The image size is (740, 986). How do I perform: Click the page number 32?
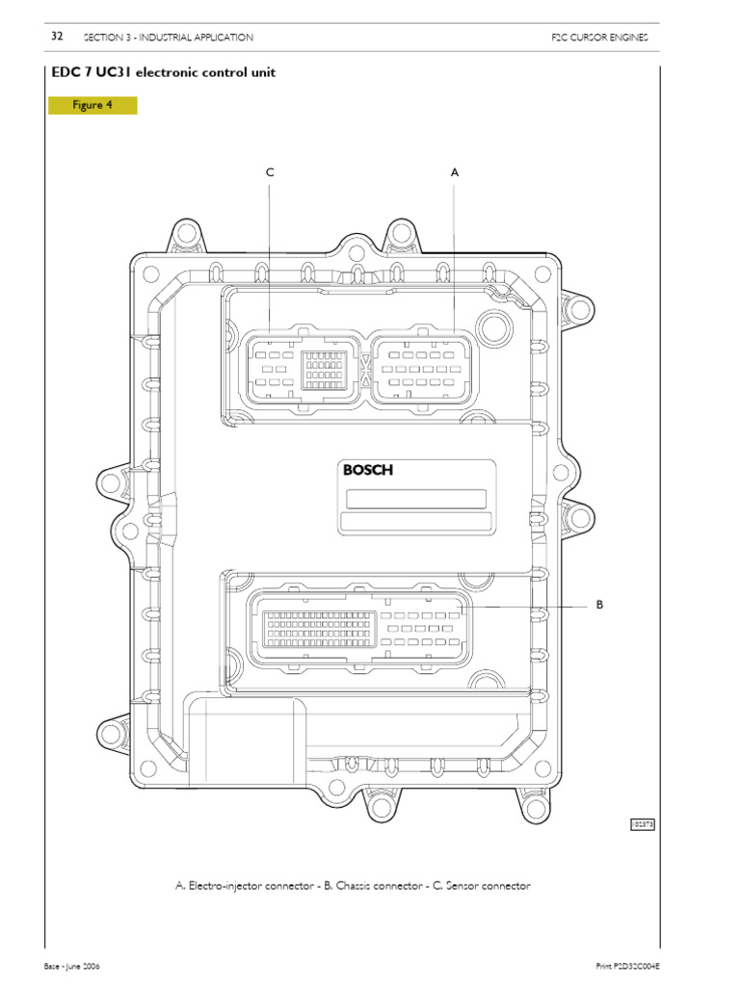coord(56,37)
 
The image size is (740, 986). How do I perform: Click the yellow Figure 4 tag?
coord(92,105)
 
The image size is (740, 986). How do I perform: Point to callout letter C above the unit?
coord(271,172)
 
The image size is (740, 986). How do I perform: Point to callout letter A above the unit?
coord(455,172)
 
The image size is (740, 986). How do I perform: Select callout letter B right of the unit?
coord(598,606)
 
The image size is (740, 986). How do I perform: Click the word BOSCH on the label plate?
coord(369,470)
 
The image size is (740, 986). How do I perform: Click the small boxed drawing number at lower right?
coord(642,824)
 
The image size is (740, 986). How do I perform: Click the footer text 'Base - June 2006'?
coord(73,965)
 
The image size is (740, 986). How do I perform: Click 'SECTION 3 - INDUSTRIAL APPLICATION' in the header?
coord(169,38)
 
